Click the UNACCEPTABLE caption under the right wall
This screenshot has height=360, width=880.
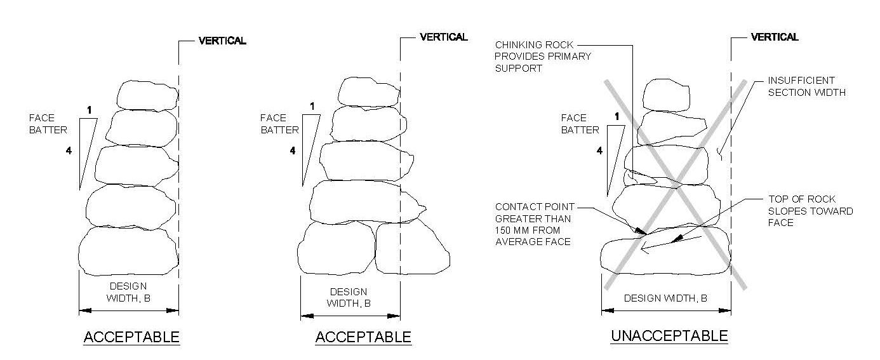coord(669,336)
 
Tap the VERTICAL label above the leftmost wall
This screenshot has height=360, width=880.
coord(222,41)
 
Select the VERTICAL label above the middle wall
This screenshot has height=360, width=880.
coord(444,37)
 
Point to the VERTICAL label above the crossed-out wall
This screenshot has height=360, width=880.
coord(775,37)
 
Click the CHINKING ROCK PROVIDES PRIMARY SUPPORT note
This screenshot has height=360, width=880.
coord(542,57)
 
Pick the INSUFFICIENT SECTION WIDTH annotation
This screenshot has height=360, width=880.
coord(806,86)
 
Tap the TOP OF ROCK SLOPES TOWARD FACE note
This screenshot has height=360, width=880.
coord(810,211)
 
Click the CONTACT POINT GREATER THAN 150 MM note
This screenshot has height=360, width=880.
coord(535,224)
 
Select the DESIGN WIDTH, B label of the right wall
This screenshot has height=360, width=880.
coord(665,298)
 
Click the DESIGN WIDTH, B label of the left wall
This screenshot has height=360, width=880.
coord(128,292)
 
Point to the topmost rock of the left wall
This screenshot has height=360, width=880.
coord(147,95)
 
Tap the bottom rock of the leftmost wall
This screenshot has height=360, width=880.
coord(128,251)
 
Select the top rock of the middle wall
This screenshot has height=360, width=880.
coord(368,92)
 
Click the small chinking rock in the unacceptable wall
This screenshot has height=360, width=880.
coord(641,178)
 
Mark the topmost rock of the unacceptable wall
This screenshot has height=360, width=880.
coord(666,95)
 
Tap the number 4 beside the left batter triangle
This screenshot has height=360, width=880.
coord(69,150)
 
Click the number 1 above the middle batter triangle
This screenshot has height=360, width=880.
coord(312,106)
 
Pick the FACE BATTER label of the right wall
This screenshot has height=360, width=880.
coord(580,124)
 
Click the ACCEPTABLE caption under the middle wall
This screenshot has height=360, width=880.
coord(363,337)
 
